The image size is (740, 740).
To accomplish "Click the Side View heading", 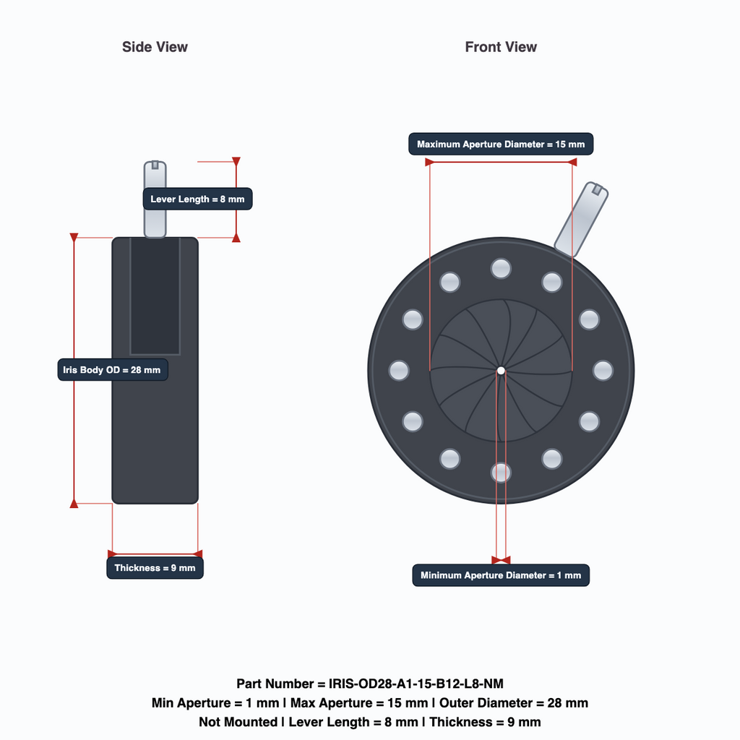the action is coord(155,47).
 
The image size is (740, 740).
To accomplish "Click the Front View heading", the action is coord(501,47).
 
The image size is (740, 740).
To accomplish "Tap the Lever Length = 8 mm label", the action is coord(197,199).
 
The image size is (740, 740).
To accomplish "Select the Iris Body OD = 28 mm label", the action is coord(112,369).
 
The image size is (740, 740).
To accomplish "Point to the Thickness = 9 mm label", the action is coord(155,568).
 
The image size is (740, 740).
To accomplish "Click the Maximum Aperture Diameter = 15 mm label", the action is coord(501,144).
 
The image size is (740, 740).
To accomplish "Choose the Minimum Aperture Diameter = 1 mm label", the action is coord(501,575).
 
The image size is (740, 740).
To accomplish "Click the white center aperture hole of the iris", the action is coord(501,371).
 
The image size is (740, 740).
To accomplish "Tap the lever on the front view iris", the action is coord(581,219).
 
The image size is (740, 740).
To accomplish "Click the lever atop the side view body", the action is coord(155,199).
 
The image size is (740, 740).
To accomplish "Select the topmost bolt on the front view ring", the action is coord(501,269).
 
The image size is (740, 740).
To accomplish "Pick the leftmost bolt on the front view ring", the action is coord(399,371).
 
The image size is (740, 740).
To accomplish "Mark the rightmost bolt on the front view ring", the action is coord(603,371).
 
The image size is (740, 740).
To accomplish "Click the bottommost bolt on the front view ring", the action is coord(501,473).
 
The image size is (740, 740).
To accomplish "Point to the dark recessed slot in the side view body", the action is coord(155,296).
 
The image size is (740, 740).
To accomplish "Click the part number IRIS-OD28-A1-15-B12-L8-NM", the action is coord(416,684).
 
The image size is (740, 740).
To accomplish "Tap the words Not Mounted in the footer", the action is coord(238,722).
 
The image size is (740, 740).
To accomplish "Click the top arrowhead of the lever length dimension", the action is coord(236,161).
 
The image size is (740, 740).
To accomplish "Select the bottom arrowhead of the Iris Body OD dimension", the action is coord(74,504).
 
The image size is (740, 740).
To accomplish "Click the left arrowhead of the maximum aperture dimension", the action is coord(429,163).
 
